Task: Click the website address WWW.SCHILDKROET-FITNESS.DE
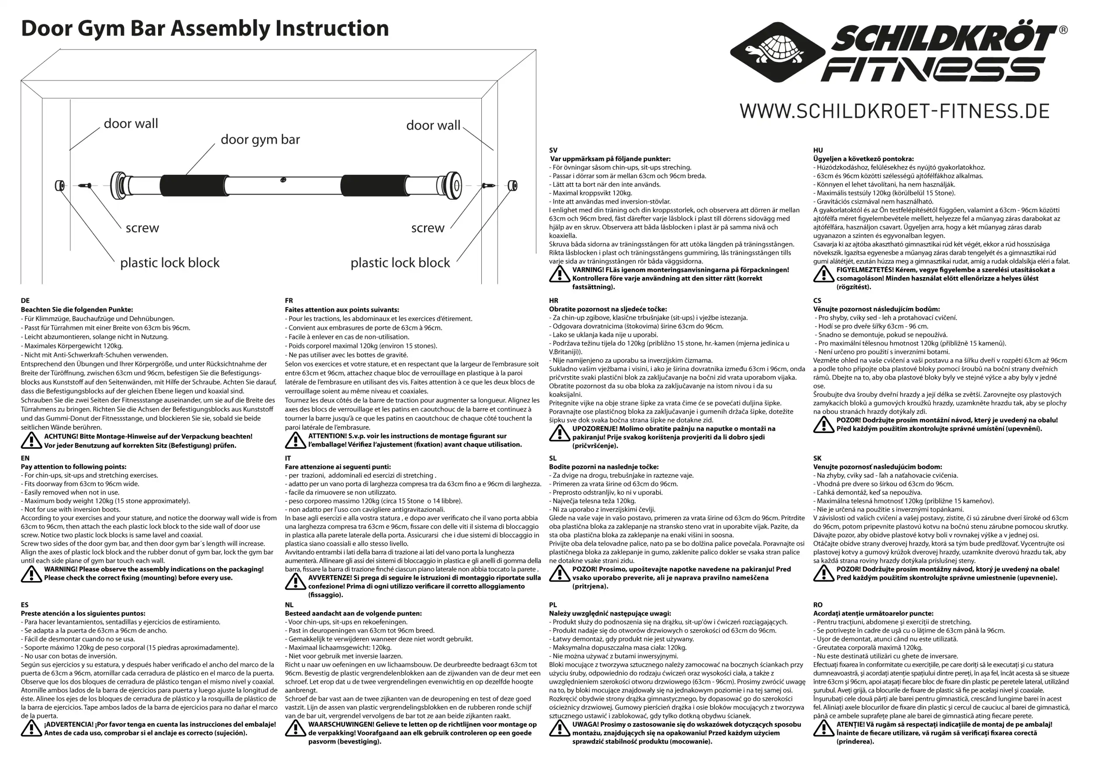(894, 111)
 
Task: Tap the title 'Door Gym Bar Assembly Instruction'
(205, 28)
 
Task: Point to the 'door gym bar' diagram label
(260, 140)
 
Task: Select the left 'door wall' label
(131, 123)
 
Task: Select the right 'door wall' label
(433, 125)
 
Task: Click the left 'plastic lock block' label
(170, 263)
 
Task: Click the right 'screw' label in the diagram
(427, 228)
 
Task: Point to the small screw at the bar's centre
(283, 180)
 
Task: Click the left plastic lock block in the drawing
(60, 185)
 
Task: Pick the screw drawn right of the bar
(488, 186)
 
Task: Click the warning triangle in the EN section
(32, 574)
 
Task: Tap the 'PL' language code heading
(553, 605)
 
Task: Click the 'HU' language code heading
(818, 150)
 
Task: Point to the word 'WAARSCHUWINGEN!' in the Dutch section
(341, 724)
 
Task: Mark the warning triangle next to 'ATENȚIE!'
(823, 729)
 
